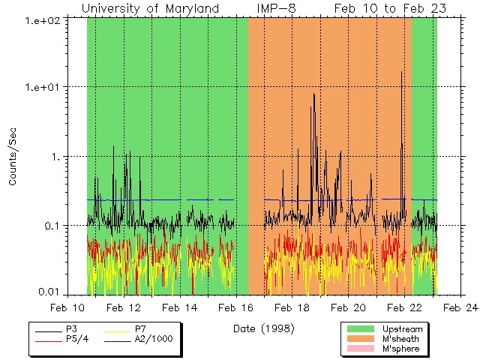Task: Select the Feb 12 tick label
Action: (124, 307)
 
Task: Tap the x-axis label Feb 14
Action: (180, 307)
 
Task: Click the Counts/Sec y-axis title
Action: (13, 157)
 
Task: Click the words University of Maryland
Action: (150, 8)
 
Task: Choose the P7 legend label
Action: (141, 329)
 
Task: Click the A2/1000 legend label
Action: (154, 339)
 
